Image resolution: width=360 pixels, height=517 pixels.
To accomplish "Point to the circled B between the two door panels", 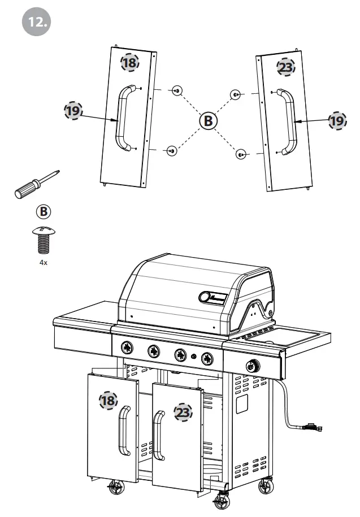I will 208,120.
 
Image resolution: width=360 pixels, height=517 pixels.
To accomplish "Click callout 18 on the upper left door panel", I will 130,63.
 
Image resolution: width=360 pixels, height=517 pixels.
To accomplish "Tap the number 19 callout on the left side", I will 72,111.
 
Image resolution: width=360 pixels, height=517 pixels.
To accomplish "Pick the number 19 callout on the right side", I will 338,120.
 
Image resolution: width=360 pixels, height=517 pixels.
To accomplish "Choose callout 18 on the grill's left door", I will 108,401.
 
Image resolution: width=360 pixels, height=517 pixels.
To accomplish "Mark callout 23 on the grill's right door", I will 183,413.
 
